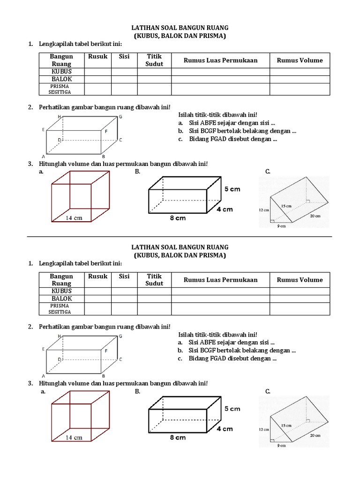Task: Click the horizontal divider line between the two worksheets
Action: pos(180,236)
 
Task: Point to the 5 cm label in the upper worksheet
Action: pos(232,189)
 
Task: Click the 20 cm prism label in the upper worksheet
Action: pos(315,216)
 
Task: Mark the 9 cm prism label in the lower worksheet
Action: pos(281,445)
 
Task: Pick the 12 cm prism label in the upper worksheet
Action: pos(264,210)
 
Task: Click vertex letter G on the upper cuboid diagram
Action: pos(120,116)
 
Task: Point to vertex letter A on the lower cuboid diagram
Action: pos(44,376)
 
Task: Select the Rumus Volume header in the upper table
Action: pos(300,60)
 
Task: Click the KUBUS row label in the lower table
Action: pos(61,291)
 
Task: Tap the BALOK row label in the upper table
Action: pos(61,79)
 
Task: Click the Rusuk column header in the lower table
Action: pos(97,277)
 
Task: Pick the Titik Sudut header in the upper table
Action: pos(154,60)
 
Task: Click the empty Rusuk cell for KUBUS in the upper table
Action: pos(97,71)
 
